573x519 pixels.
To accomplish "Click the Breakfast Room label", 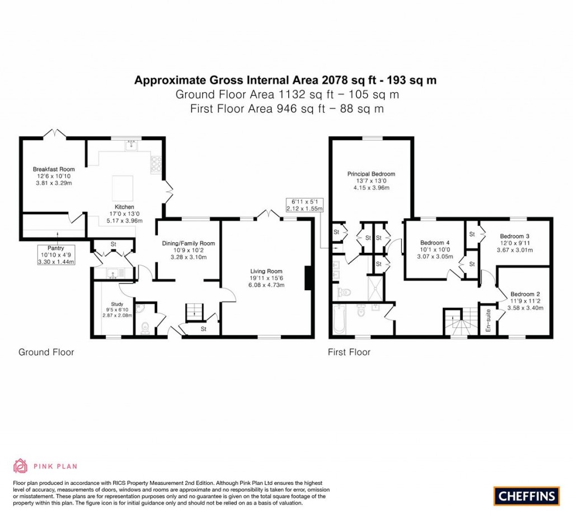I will click(54, 169).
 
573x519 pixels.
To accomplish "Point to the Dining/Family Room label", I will click(189, 243).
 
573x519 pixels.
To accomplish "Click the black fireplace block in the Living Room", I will click(307, 279).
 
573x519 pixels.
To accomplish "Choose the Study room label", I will click(117, 304).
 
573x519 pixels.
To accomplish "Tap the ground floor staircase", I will click(194, 310).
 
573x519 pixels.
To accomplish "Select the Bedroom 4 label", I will click(435, 242).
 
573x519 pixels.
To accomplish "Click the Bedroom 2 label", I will click(525, 294).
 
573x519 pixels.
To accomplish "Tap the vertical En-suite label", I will click(488, 322).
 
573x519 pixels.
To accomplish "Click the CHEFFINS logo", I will click(527, 495).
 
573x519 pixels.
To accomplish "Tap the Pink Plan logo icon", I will click(20, 465).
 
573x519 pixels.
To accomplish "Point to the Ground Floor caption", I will click(46, 352).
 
